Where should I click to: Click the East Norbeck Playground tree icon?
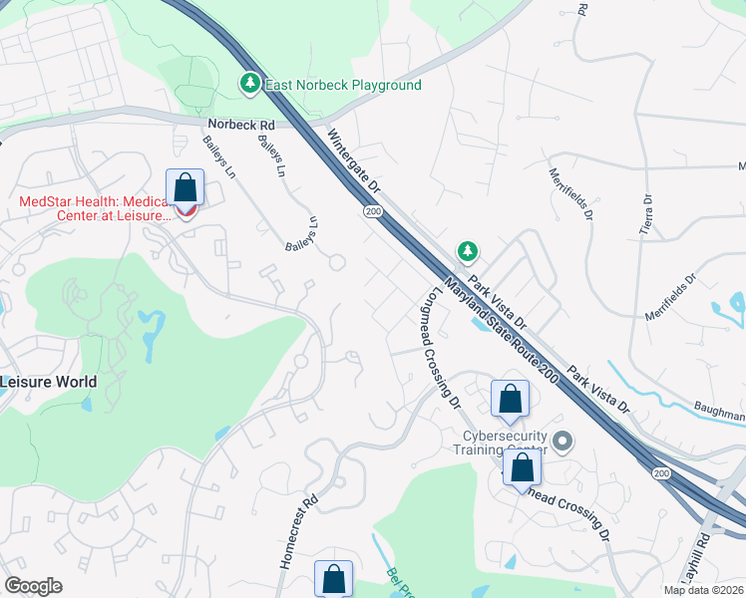251,85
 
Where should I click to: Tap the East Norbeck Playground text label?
342,86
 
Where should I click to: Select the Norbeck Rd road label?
240,125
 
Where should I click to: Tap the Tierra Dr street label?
645,214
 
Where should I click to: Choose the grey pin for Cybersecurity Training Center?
562,441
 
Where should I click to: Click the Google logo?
33,586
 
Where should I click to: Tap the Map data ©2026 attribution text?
704,590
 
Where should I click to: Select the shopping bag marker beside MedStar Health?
185,186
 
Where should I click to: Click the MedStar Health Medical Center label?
92,208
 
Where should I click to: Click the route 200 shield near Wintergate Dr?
373,211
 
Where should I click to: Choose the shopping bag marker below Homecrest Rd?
334,578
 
